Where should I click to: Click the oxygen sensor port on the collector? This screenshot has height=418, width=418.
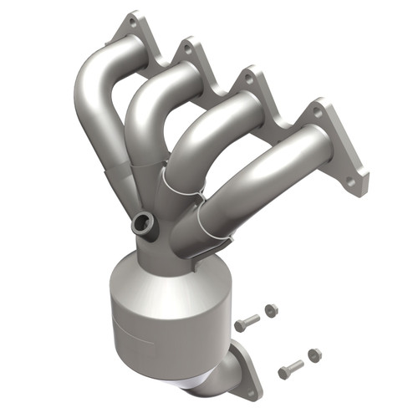143,223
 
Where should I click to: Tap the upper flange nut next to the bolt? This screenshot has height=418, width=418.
271,310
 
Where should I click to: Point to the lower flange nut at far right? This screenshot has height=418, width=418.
314,355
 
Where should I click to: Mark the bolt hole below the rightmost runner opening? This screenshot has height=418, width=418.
351,180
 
